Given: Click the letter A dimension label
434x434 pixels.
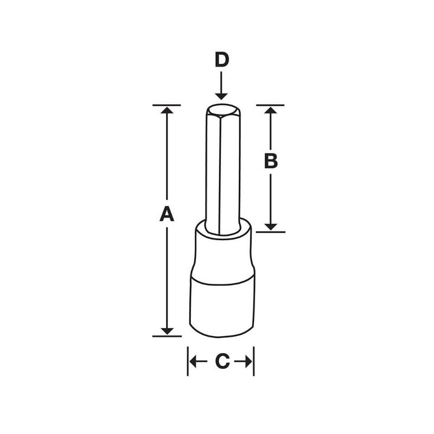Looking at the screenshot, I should (167, 214).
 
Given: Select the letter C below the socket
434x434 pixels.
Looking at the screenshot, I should (221, 362).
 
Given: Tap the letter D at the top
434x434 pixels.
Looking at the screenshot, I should (221, 60).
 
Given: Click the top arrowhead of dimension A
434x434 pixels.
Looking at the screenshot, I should (167, 111).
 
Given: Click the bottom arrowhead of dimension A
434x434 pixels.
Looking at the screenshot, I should (167, 330).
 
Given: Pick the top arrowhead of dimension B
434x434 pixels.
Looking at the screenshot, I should (271, 111).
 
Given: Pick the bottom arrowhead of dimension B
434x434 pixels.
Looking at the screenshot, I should (271, 226).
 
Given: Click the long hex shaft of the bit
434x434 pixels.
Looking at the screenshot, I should (221, 174).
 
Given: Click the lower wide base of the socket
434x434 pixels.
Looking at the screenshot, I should (222, 307).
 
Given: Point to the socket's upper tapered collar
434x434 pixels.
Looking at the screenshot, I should (222, 255).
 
